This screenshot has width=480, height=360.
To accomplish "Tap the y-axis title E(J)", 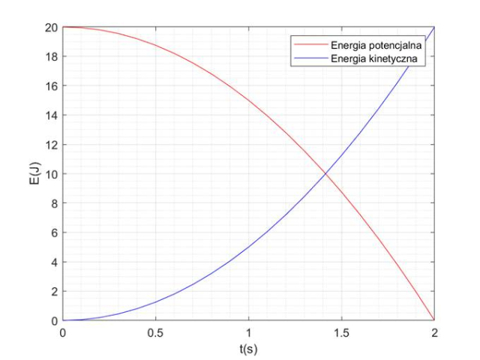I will point(35,174).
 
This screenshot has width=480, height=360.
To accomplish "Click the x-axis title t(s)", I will point(248,349).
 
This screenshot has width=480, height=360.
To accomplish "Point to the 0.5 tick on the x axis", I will point(155,332).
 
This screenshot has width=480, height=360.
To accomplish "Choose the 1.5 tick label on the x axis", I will point(341,332).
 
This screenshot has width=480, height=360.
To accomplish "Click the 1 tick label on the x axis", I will point(248,332).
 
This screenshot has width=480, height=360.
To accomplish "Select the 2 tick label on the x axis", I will point(434,332).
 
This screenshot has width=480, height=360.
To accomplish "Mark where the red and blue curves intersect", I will point(325,174).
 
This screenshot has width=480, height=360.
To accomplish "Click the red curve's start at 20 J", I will point(63,27).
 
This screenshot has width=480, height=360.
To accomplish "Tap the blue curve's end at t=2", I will point(434,27).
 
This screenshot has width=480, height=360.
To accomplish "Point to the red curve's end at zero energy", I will point(434,320).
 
